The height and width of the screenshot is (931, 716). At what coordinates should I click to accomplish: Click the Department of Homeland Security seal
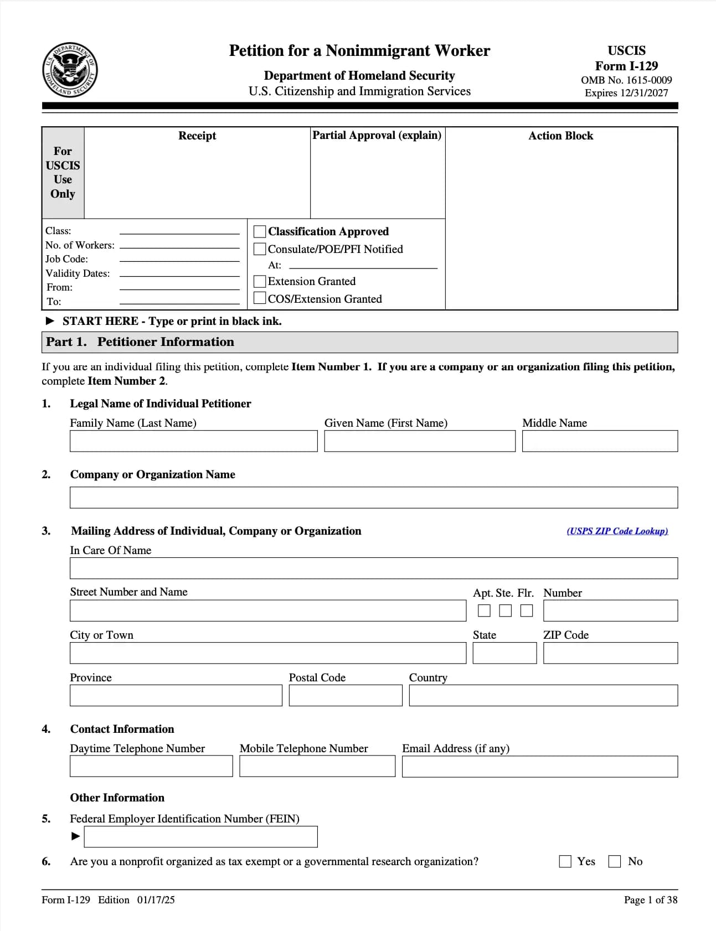70,70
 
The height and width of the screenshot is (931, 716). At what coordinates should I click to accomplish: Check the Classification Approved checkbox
259,231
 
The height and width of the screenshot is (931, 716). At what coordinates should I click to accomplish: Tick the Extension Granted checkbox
259,281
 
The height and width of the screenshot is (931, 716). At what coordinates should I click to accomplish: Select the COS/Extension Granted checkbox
259,298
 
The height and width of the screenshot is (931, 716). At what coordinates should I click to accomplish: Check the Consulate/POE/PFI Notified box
259,249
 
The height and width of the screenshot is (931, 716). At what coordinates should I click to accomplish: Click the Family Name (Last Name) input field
193,441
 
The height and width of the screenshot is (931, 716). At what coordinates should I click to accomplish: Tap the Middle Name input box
599,441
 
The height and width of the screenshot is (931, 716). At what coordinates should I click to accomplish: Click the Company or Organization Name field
373,498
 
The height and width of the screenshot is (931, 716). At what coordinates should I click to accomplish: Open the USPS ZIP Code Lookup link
617,531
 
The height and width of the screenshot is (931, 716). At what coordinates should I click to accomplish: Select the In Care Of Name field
373,568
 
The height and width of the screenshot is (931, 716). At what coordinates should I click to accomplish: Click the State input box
504,653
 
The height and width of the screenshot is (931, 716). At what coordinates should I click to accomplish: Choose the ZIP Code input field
610,653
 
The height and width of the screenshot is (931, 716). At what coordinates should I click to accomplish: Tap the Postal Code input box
345,696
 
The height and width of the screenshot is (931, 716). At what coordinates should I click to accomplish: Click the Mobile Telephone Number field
317,767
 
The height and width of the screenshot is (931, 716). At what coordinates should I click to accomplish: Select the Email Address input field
539,767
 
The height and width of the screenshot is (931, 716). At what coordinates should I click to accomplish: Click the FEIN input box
200,837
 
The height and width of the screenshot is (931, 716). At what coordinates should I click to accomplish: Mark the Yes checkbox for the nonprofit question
565,861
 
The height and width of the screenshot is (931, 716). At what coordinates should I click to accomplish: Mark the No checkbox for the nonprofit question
615,861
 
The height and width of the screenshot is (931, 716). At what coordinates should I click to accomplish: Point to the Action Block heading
560,136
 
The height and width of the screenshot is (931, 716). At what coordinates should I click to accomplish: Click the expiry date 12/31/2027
643,93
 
